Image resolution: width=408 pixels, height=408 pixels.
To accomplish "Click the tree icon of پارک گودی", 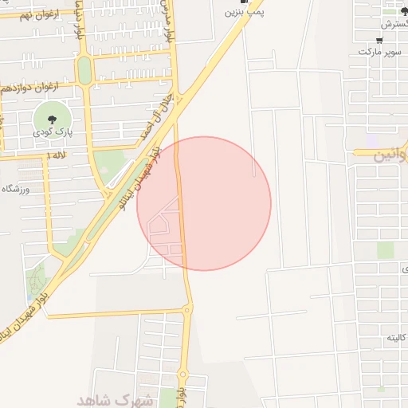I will tap(41, 118).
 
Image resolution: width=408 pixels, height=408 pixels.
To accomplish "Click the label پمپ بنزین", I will tap(244, 13).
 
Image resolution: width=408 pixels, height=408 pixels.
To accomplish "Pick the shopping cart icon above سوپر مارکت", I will tap(379, 41).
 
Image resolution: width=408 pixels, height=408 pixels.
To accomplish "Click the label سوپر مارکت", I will tap(376, 52).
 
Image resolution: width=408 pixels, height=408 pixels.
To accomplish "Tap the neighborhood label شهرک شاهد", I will tap(115, 398).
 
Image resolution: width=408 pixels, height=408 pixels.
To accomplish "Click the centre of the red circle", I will tap(204, 203).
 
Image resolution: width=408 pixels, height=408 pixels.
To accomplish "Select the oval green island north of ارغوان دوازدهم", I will tap(84, 70).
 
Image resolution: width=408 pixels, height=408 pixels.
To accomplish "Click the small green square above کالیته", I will tap(386, 250).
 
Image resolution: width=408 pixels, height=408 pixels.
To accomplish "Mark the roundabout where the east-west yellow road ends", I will tap(188, 309).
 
